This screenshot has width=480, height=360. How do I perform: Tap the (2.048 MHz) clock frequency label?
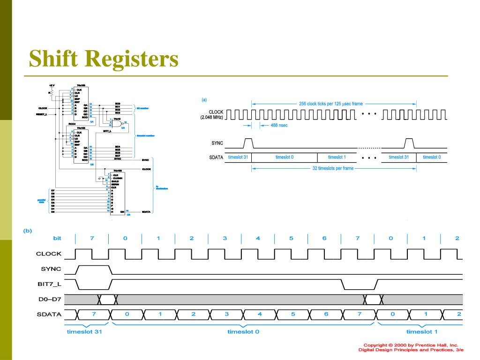210,117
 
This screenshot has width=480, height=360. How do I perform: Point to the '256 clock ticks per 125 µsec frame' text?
331,104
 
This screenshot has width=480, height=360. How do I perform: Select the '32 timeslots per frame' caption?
333,168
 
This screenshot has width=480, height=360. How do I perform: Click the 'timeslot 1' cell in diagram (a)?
337,157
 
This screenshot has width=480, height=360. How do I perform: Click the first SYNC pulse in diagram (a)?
248,142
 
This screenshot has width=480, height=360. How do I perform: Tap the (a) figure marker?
204,99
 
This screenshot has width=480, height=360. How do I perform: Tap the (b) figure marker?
29,230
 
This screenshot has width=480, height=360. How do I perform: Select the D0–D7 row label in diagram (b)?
50,299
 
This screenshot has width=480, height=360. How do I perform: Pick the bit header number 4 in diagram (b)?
258,239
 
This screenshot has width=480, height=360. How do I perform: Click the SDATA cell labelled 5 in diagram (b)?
292,314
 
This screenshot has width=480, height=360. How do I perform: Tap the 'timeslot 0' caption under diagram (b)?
243,332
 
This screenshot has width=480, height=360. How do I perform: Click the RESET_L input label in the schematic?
42,113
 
